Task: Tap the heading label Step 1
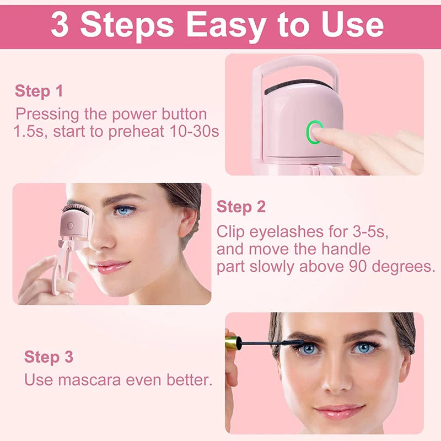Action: pos(39,91)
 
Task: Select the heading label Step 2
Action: pos(241,207)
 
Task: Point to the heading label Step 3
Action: pos(49,357)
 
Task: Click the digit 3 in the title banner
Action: pos(60,25)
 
